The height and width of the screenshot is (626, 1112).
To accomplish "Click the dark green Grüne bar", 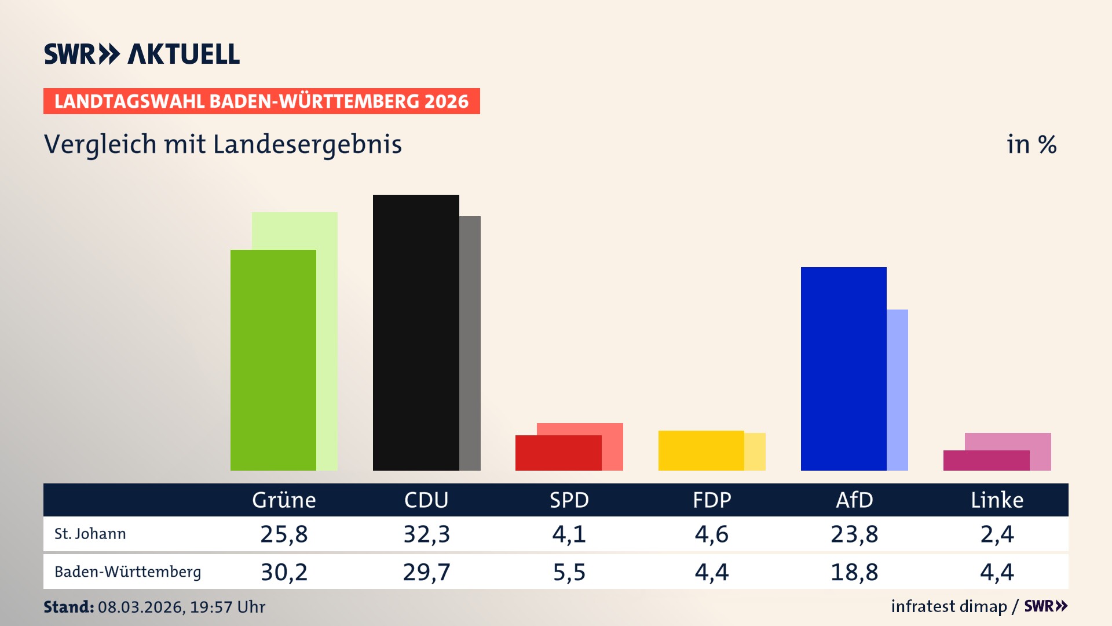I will pyautogui.click(x=273, y=359).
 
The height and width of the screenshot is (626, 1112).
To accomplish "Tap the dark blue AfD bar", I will pyautogui.click(x=843, y=369).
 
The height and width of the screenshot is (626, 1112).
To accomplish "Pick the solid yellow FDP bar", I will pyautogui.click(x=701, y=450).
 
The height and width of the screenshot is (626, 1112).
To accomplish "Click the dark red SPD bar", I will pyautogui.click(x=558, y=453).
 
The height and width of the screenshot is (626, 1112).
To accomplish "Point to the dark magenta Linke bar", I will pyautogui.click(x=986, y=460).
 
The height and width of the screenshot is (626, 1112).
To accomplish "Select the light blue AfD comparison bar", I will pyautogui.click(x=897, y=390).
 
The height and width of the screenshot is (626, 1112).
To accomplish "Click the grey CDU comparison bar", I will pyautogui.click(x=470, y=343).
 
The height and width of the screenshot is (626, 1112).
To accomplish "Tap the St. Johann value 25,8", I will pyautogui.click(x=284, y=534).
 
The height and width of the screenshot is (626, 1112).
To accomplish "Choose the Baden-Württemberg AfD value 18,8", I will pyautogui.click(x=854, y=572).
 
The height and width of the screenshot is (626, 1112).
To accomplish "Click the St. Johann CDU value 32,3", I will pyautogui.click(x=426, y=534).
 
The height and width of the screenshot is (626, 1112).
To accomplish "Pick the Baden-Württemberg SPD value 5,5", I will pyautogui.click(x=569, y=572).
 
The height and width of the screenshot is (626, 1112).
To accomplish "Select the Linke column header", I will pyautogui.click(x=997, y=500).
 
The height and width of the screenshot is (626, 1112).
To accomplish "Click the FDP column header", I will pyautogui.click(x=712, y=500).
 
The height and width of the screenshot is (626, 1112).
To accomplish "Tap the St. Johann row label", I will pyautogui.click(x=90, y=534).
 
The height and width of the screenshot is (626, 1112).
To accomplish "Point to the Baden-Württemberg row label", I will pyautogui.click(x=127, y=572).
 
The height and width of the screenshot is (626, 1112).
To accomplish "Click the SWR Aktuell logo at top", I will pyautogui.click(x=142, y=54).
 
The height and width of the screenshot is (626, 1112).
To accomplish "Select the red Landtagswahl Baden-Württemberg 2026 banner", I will pyautogui.click(x=261, y=101).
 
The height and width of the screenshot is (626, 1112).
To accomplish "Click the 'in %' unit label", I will pyautogui.click(x=1031, y=144).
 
